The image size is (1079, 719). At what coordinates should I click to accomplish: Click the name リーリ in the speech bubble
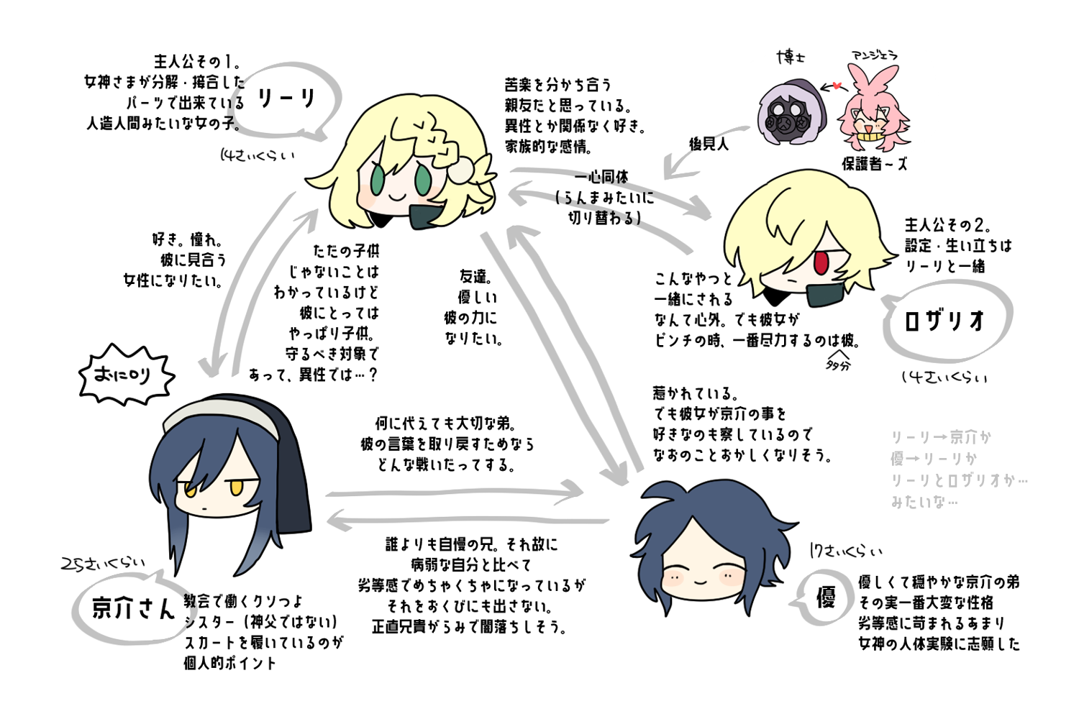coord(286,99)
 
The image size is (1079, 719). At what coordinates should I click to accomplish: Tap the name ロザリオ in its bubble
coord(944,321)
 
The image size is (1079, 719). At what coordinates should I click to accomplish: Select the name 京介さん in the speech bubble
coord(134,609)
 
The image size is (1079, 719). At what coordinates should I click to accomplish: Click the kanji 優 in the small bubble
coord(826,597)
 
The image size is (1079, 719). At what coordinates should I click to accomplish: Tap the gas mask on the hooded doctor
coord(785,116)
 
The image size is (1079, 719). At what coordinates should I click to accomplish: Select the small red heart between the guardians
coord(837,86)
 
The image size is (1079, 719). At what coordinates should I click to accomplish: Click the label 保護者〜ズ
coord(874,164)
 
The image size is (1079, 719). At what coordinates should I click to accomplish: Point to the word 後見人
coord(709,144)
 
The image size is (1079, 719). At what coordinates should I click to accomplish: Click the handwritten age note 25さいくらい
coord(102,565)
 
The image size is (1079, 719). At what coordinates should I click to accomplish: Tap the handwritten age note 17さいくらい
coord(845,551)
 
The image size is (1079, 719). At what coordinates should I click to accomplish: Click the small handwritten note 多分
coord(837,365)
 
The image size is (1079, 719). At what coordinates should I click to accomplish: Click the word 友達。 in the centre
coord(475,276)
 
